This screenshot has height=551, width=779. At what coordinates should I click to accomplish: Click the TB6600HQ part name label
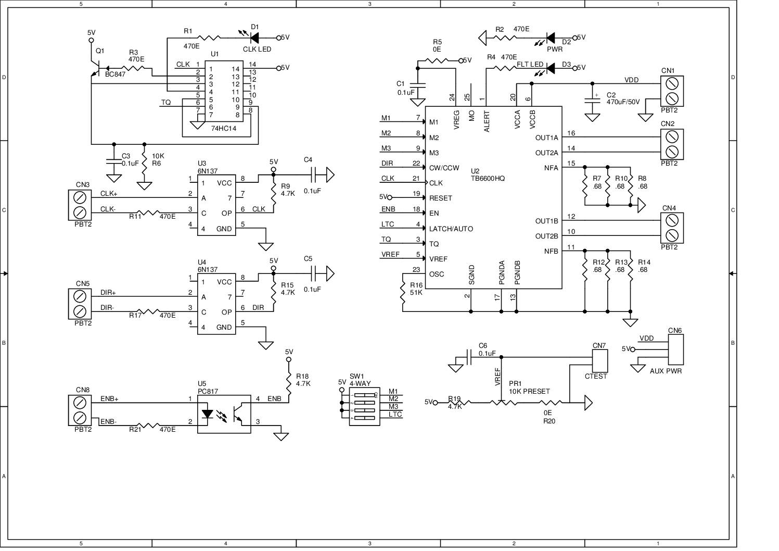[488, 179]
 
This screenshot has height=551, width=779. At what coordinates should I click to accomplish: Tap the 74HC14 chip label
[224, 128]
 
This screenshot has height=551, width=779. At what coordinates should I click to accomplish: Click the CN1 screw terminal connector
[672, 91]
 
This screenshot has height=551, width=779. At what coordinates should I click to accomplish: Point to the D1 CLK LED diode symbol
[254, 37]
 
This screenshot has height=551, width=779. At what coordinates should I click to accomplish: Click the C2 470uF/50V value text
[623, 103]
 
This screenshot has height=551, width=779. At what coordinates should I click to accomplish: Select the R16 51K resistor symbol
[403, 292]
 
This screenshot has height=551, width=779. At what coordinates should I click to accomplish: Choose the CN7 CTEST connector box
[600, 359]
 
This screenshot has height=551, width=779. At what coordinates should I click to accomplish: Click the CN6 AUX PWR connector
[675, 349]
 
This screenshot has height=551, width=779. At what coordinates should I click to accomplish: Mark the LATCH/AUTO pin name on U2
[451, 229]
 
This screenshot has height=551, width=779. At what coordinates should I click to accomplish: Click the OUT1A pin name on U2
[546, 138]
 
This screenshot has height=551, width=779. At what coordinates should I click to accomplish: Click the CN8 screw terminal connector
[80, 410]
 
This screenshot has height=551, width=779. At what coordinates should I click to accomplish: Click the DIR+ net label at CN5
[108, 293]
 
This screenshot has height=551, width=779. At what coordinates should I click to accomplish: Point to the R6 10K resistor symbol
[144, 164]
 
